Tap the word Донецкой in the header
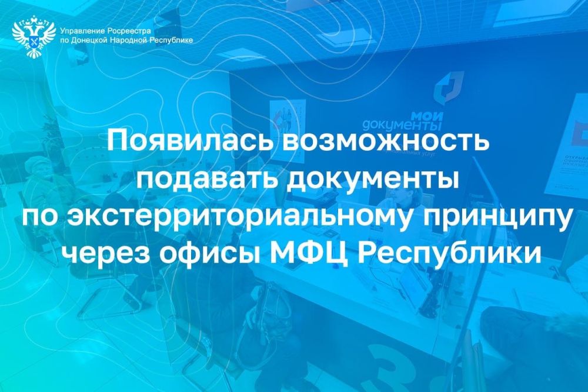(x=89, y=40)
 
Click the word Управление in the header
(x=83, y=30)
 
